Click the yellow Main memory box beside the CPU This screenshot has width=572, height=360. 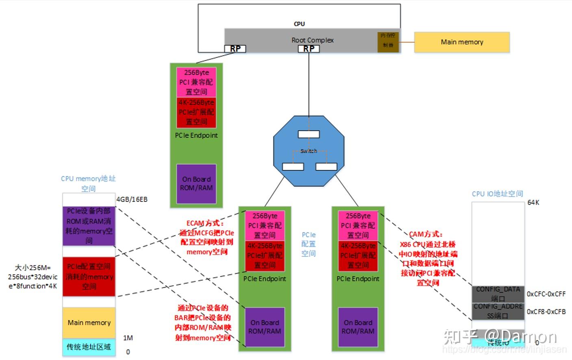[x=461, y=42]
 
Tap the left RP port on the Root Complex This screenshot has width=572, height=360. [x=235, y=49]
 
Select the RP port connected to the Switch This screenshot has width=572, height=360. [x=309, y=49]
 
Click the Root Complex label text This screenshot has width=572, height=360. [x=312, y=40]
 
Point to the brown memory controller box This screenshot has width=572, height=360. [x=388, y=41]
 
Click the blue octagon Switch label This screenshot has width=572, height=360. [x=309, y=151]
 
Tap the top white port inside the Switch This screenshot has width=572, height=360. [x=309, y=134]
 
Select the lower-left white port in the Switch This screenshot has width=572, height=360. [x=293, y=167]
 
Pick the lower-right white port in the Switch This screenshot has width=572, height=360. [x=326, y=167]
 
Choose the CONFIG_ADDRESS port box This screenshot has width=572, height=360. [x=498, y=311]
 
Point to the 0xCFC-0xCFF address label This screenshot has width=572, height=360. [x=546, y=294]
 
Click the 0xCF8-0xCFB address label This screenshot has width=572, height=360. [x=546, y=312]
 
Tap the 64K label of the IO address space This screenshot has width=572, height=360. [x=533, y=202]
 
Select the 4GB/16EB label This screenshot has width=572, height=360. [x=132, y=199]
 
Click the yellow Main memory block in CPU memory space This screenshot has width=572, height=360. [x=89, y=323]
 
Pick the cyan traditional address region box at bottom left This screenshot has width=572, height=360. [x=89, y=347]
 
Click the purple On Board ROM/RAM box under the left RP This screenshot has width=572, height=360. [x=196, y=184]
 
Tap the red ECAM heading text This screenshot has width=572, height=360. [x=205, y=223]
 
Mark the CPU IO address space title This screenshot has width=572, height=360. [x=497, y=194]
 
